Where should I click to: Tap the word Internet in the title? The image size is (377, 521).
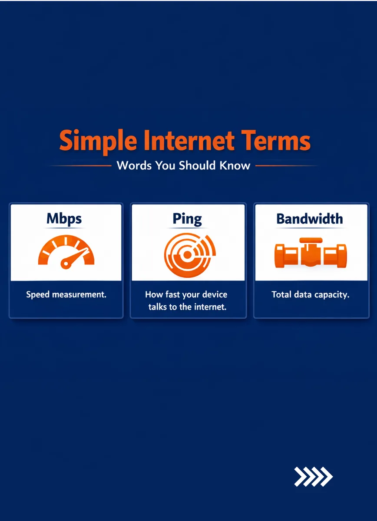pyautogui.click(x=189, y=140)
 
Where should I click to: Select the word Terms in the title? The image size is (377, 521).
pyautogui.click(x=275, y=140)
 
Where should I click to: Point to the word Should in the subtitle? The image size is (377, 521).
pyautogui.click(x=197, y=165)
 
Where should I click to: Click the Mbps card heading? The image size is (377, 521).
pyautogui.click(x=64, y=219)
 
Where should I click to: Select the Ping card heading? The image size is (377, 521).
pyautogui.click(x=187, y=219)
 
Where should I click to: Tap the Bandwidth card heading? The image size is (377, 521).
pyautogui.click(x=310, y=219)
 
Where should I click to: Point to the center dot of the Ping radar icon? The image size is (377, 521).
pyautogui.click(x=187, y=255)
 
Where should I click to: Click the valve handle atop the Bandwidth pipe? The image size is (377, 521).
pyautogui.click(x=311, y=241)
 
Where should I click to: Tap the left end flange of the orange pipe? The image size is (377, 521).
pyautogui.click(x=279, y=256)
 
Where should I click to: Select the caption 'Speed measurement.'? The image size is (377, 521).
pyautogui.click(x=66, y=294)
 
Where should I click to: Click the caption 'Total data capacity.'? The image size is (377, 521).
pyautogui.click(x=311, y=295)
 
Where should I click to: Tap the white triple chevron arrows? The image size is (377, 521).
pyautogui.click(x=313, y=477)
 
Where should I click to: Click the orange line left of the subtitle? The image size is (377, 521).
pyautogui.click(x=80, y=166)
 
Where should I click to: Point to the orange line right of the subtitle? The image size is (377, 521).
pyautogui.click(x=286, y=166)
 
